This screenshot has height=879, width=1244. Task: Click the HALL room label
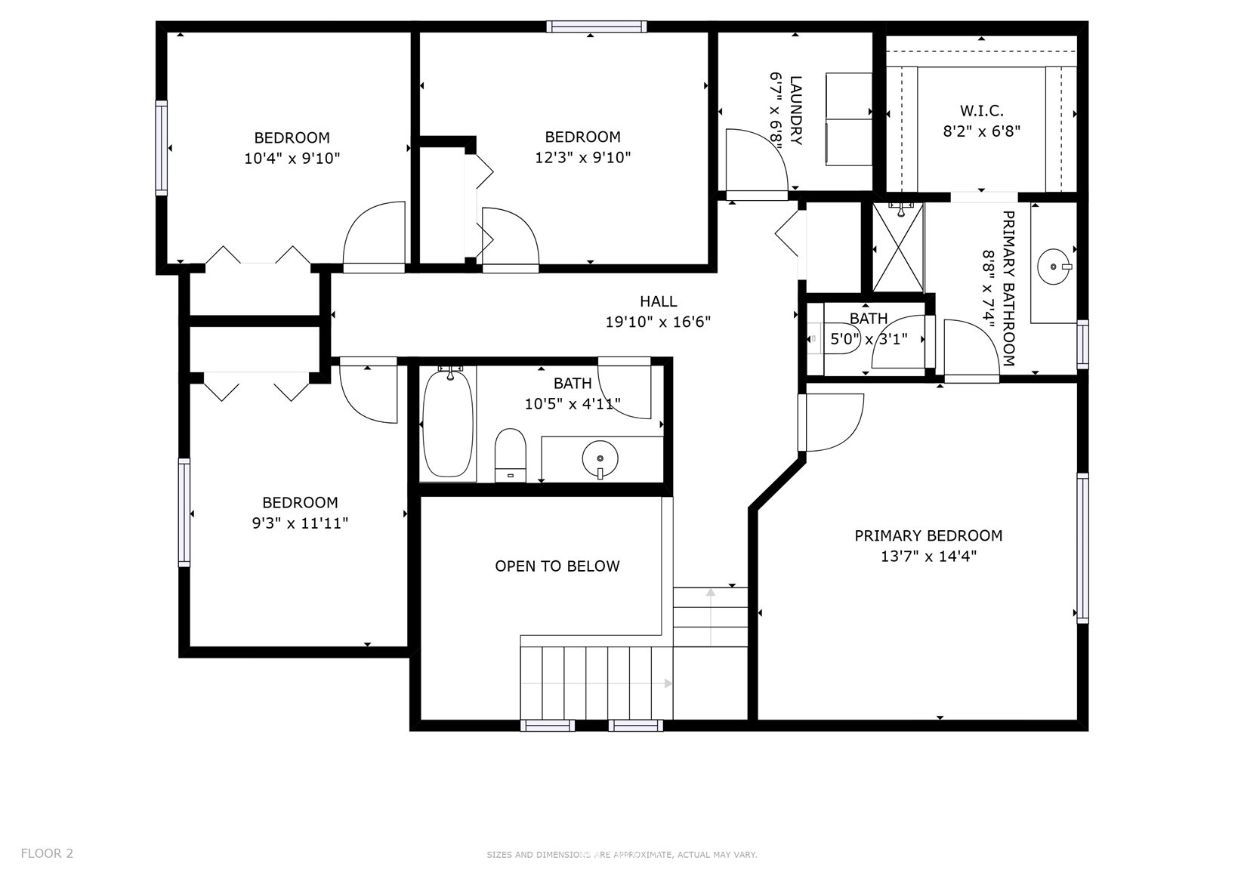pyautogui.click(x=658, y=301)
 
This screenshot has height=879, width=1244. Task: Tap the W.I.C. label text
pyautogui.click(x=982, y=111)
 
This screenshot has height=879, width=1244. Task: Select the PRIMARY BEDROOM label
pyautogui.click(x=928, y=536)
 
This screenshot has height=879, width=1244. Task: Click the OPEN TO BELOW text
pyautogui.click(x=557, y=566)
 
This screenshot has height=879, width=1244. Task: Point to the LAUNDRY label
pyautogui.click(x=796, y=110)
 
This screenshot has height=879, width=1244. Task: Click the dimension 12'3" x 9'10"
pyautogui.click(x=582, y=158)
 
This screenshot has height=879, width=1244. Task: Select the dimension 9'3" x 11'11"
pyautogui.click(x=300, y=523)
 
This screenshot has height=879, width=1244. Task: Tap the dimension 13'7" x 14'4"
pyautogui.click(x=928, y=557)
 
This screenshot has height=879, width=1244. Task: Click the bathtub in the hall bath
pyautogui.click(x=448, y=424)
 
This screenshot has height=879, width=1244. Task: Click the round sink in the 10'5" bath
pyautogui.click(x=600, y=458)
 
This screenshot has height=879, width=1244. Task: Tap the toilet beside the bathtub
pyautogui.click(x=511, y=455)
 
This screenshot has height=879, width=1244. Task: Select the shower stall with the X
pyautogui.click(x=898, y=248)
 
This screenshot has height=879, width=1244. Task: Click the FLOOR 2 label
pyautogui.click(x=47, y=853)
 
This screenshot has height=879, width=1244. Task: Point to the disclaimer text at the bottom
pyautogui.click(x=622, y=855)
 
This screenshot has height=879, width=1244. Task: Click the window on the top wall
pyautogui.click(x=597, y=26)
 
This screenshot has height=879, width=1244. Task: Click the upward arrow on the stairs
pyautogui.click(x=711, y=617)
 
